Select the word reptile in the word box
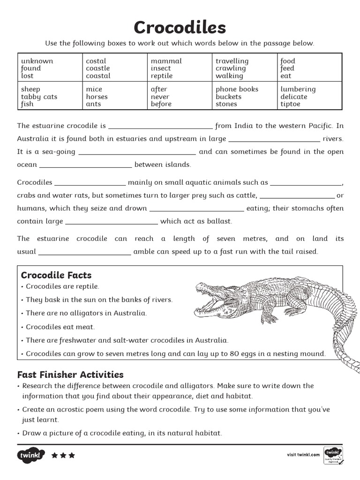(161, 76)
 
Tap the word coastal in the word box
(98, 76)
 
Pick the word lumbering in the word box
(298, 89)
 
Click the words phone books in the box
(237, 89)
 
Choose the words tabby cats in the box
(39, 97)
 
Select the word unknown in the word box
(37, 61)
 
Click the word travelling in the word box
(232, 61)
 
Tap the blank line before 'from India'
(160, 127)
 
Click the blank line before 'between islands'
(85, 165)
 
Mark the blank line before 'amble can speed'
(84, 252)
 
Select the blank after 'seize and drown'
(196, 209)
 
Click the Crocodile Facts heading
(56, 275)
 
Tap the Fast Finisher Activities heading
(70, 375)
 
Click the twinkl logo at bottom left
(31, 455)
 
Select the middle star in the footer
(63, 455)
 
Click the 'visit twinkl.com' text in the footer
(303, 454)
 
